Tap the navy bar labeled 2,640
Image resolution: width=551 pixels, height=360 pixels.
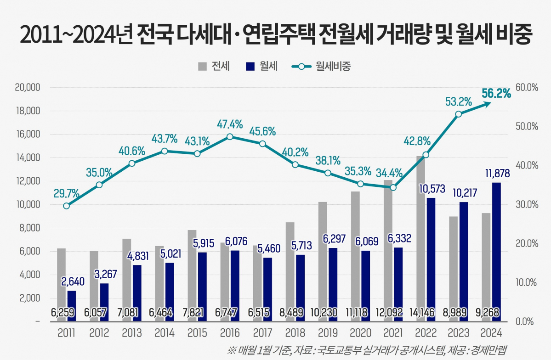point(72,305)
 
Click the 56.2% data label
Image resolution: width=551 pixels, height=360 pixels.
point(496,94)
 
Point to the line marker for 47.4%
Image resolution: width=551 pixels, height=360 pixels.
point(230,136)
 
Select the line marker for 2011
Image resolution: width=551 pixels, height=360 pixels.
point(67,206)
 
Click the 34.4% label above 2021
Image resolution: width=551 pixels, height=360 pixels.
point(389,173)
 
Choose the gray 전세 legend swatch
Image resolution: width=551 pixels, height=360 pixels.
point(203,67)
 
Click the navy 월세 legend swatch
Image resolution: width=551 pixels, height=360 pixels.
point(250,67)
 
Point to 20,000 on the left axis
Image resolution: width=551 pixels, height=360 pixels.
point(28,88)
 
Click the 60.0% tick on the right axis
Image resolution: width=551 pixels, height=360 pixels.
point(526,88)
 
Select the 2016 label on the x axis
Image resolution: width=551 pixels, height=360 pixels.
point(230,333)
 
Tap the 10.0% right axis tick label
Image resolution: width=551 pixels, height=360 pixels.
point(526,282)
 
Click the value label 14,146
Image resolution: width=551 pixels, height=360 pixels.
point(425,313)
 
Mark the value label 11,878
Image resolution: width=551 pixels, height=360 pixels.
point(495,174)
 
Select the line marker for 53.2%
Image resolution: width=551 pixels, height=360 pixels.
point(458,114)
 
